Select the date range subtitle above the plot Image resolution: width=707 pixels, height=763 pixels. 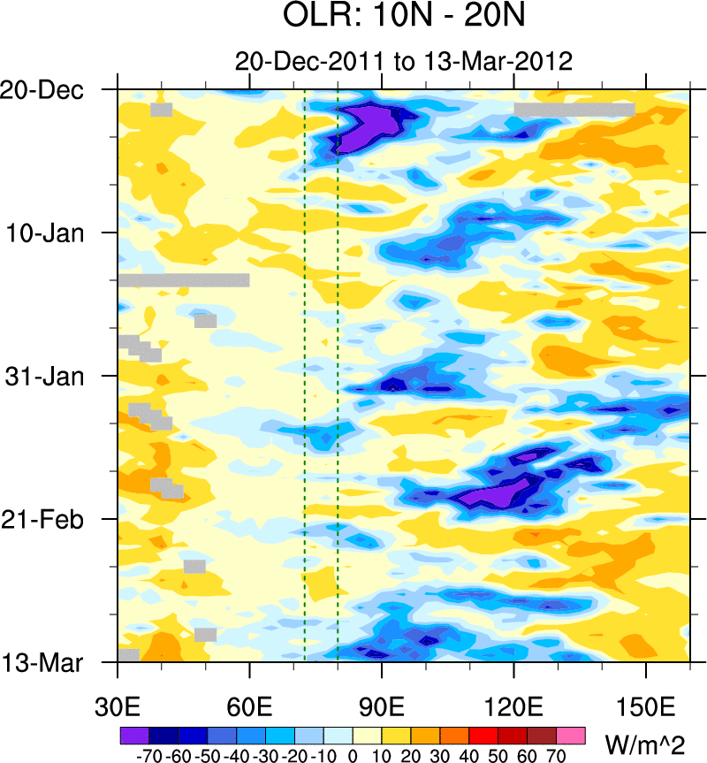[404, 61]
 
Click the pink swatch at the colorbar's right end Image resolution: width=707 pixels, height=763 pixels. [571, 735]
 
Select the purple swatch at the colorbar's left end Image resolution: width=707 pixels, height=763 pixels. [133, 735]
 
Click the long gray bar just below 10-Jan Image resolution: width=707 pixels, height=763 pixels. [183, 280]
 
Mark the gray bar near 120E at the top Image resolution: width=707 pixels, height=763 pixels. [574, 110]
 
